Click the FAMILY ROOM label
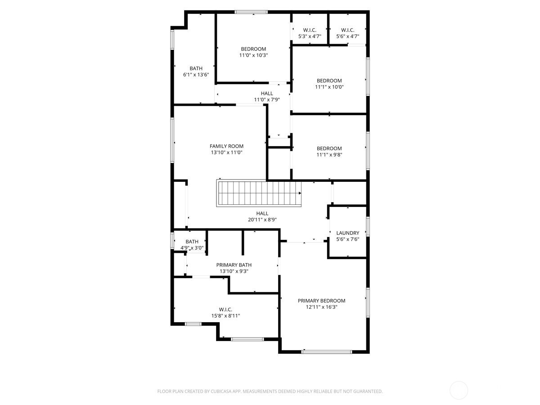226,146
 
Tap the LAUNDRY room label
348,233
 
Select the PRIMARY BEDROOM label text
321,301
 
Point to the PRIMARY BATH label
234,265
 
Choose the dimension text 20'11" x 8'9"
262,220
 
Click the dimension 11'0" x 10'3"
253,55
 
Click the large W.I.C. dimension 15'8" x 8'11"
225,316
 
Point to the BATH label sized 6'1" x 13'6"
196,68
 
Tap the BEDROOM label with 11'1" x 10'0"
329,81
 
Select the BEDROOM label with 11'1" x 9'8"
329,148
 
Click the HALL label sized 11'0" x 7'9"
267,94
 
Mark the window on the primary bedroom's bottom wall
327,351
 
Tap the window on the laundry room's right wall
368,226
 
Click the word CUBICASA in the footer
220,391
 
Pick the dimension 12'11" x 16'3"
321,307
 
